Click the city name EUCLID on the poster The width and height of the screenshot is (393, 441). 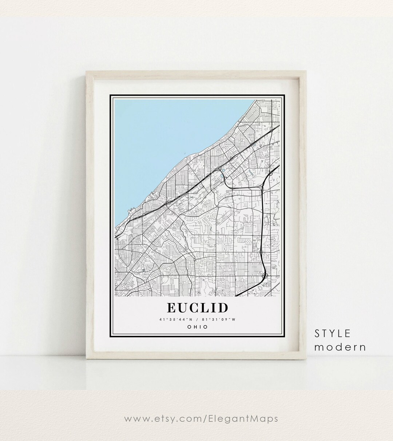coord(198,307)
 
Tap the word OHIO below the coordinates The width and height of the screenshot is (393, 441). coord(198,327)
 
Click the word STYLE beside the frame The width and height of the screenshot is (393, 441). coord(333,333)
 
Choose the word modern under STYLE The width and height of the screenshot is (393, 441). coord(340,347)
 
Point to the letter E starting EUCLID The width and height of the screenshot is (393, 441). coord(171,307)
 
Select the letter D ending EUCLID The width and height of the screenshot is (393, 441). coord(223,307)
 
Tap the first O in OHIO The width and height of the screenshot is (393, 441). coord(189,327)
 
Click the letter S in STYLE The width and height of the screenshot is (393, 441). coord(318,333)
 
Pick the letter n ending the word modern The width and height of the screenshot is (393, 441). coord(362,347)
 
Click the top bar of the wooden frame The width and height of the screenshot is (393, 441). coord(196,74)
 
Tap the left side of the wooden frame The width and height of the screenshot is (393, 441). coord(91,215)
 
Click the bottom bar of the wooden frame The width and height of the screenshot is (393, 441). coord(196,355)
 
